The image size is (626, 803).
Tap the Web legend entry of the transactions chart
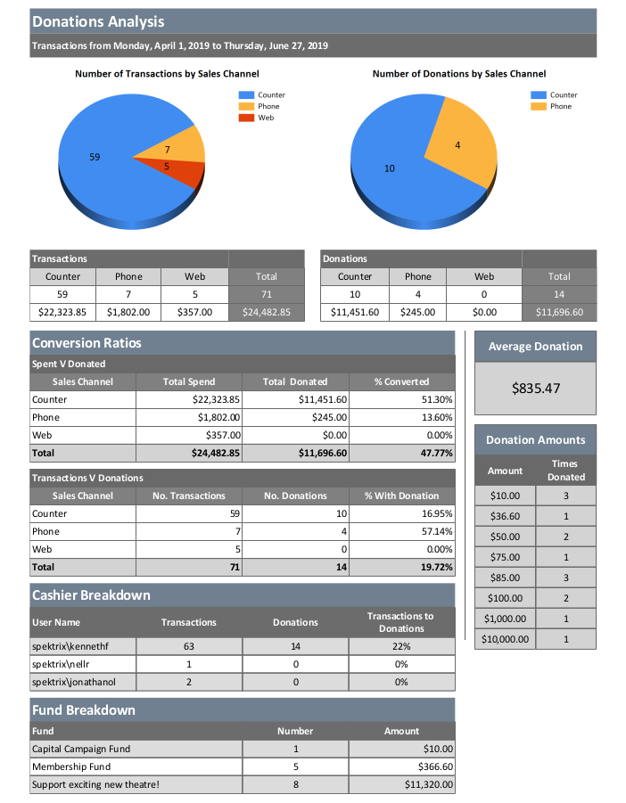[266, 118]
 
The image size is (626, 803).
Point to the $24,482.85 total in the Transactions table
[266, 312]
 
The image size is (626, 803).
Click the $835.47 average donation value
[535, 389]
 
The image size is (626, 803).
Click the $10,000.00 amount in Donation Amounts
[505, 639]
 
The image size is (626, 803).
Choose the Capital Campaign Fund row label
[81, 749]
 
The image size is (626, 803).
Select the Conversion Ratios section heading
[86, 343]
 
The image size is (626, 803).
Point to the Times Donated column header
[565, 470]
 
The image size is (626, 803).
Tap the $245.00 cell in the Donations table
[417, 312]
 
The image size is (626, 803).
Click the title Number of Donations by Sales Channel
[459, 74]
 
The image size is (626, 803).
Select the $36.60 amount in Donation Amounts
[505, 516]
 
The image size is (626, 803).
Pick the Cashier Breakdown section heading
[91, 594]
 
